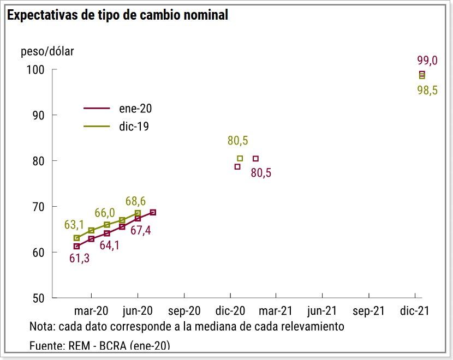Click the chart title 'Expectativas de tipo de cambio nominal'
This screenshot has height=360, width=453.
point(117,15)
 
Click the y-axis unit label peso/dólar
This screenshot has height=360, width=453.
point(47,52)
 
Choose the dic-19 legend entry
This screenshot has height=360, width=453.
point(134,126)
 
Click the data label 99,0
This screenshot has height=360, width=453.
point(427,61)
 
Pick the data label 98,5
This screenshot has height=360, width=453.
point(427,91)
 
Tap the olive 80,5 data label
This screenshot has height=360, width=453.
point(238,141)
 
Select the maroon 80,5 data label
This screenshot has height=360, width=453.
point(261,173)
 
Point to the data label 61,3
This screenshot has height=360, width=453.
point(80,258)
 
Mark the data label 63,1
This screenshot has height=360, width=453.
point(74,225)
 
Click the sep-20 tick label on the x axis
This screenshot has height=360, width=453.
point(185,311)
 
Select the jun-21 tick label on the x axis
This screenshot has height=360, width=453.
point(322,311)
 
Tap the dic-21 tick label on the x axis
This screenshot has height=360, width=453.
point(414,311)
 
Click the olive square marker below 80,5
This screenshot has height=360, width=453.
point(240,158)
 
